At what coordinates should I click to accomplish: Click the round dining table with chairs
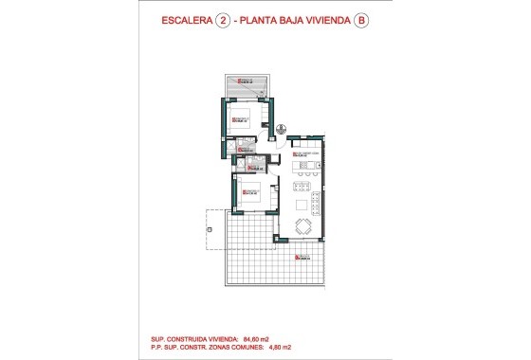click(x=303, y=225)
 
